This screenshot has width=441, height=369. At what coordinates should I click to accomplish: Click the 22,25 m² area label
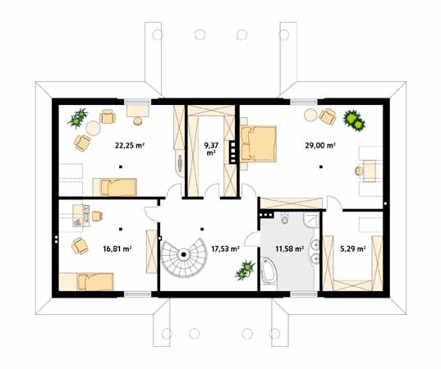click(130, 145)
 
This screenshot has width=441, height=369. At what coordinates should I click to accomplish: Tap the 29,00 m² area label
click(320, 145)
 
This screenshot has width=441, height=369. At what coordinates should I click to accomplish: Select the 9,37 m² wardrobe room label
click(211, 149)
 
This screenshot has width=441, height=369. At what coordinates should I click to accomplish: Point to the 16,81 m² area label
click(117, 248)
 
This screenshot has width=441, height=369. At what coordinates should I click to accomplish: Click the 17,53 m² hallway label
click(226, 248)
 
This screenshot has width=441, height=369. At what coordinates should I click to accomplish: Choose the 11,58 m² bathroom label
click(290, 248)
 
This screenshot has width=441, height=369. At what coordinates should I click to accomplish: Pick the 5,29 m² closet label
click(353, 248)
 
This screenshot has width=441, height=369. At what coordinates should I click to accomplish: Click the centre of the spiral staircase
click(184, 255)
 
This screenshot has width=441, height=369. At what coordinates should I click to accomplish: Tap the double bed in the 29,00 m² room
click(258, 143)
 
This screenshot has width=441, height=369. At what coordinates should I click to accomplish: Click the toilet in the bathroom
click(284, 218)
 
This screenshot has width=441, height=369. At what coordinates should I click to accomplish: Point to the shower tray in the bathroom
click(311, 220)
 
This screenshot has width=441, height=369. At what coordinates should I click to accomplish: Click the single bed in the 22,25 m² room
click(115, 187)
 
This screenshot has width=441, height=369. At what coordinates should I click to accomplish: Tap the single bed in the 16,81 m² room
click(86, 281)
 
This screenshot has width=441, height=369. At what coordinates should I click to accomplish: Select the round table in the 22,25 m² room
click(94, 128)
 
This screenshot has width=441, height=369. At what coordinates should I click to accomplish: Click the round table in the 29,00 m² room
click(310, 115)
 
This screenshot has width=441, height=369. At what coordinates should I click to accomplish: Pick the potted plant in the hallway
click(246, 270)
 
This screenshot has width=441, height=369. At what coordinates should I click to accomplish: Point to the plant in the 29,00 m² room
click(354, 121)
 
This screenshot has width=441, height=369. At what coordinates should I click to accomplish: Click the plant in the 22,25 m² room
click(78, 118)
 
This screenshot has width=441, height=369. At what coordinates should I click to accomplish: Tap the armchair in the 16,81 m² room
click(80, 246)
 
